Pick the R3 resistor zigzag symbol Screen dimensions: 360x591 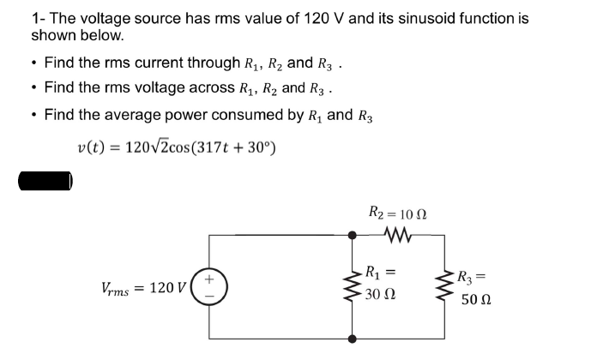pos(446,285)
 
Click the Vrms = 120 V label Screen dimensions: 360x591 pos(136,286)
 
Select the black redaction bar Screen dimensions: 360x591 pos(47,182)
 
